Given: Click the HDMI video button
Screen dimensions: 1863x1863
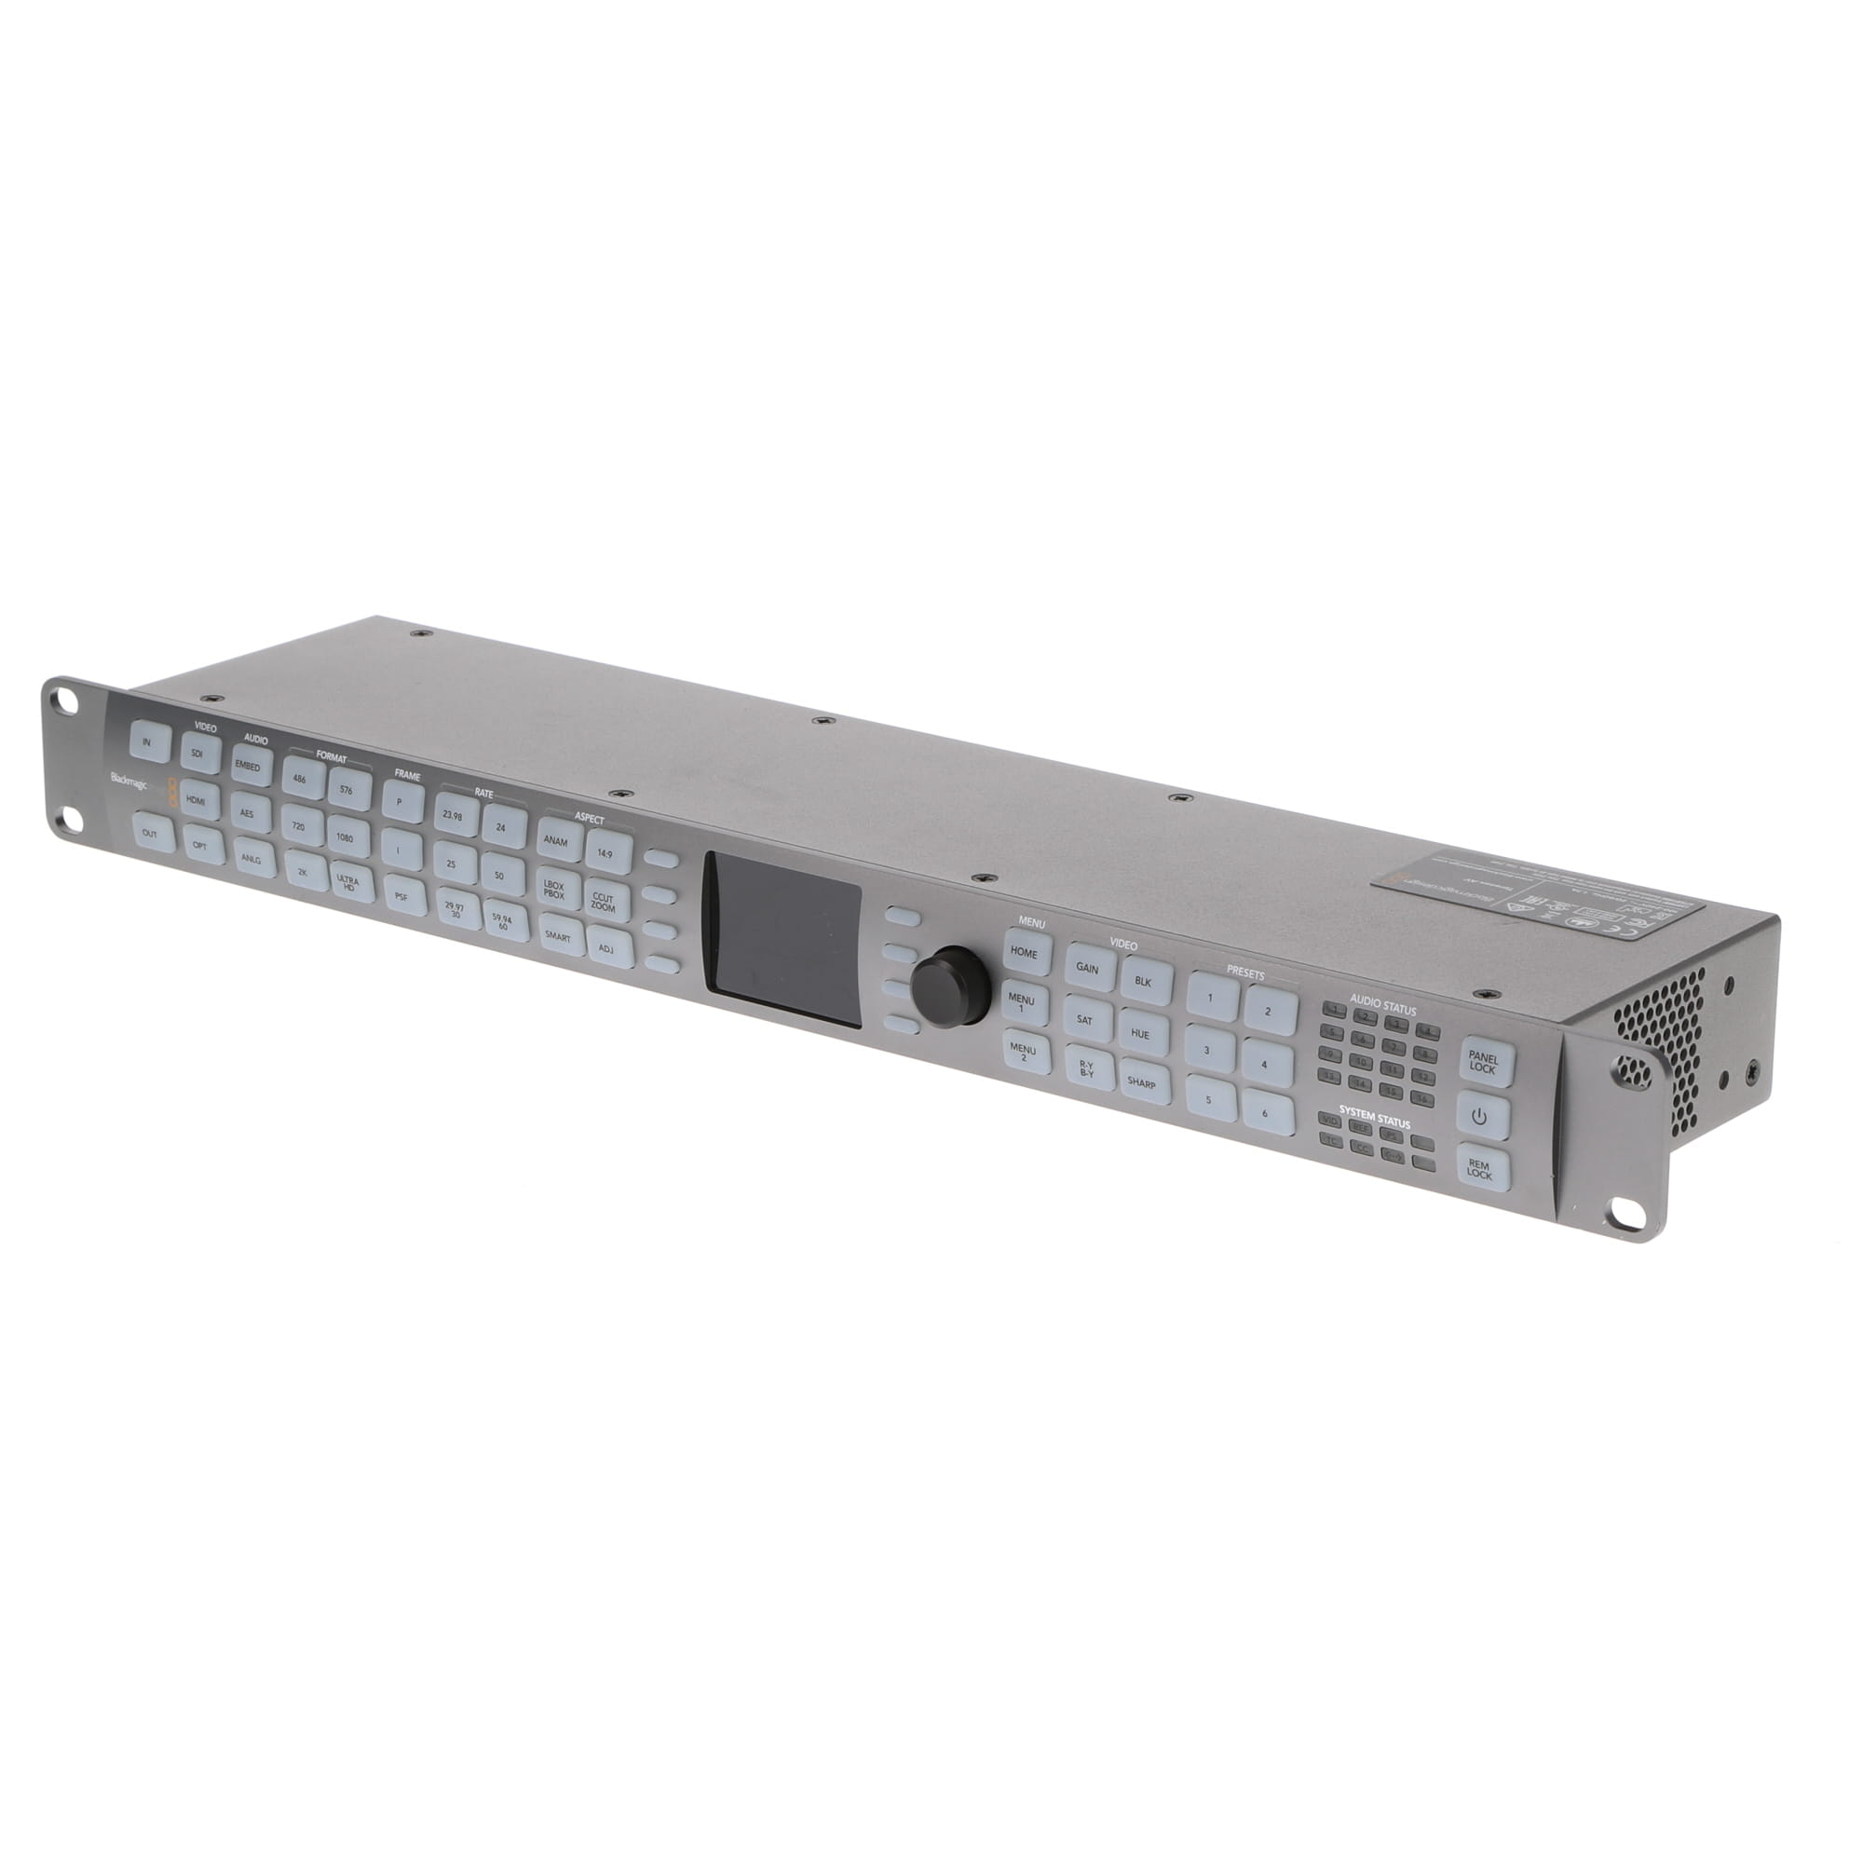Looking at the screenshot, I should [196, 799].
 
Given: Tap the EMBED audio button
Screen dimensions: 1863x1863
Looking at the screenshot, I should [249, 767].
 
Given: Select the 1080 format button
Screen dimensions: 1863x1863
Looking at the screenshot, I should [346, 838].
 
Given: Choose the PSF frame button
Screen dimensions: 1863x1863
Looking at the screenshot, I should [402, 896].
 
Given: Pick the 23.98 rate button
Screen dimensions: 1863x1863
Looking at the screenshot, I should [454, 816].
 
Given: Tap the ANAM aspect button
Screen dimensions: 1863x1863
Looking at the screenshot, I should [556, 841].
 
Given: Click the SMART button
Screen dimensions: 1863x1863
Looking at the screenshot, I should [558, 936].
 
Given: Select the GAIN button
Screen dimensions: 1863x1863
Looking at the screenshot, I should [1087, 969].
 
